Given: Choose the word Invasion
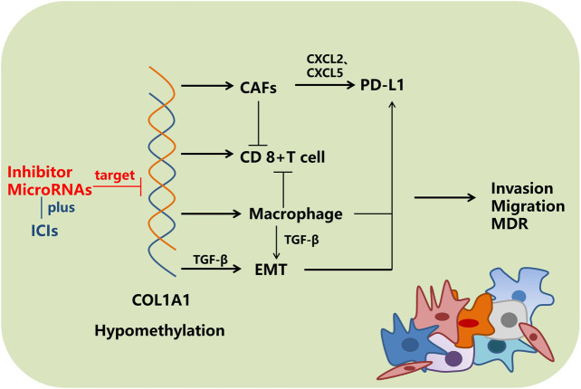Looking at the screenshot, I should coord(527,188).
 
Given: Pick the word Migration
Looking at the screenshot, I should coord(527,206).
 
